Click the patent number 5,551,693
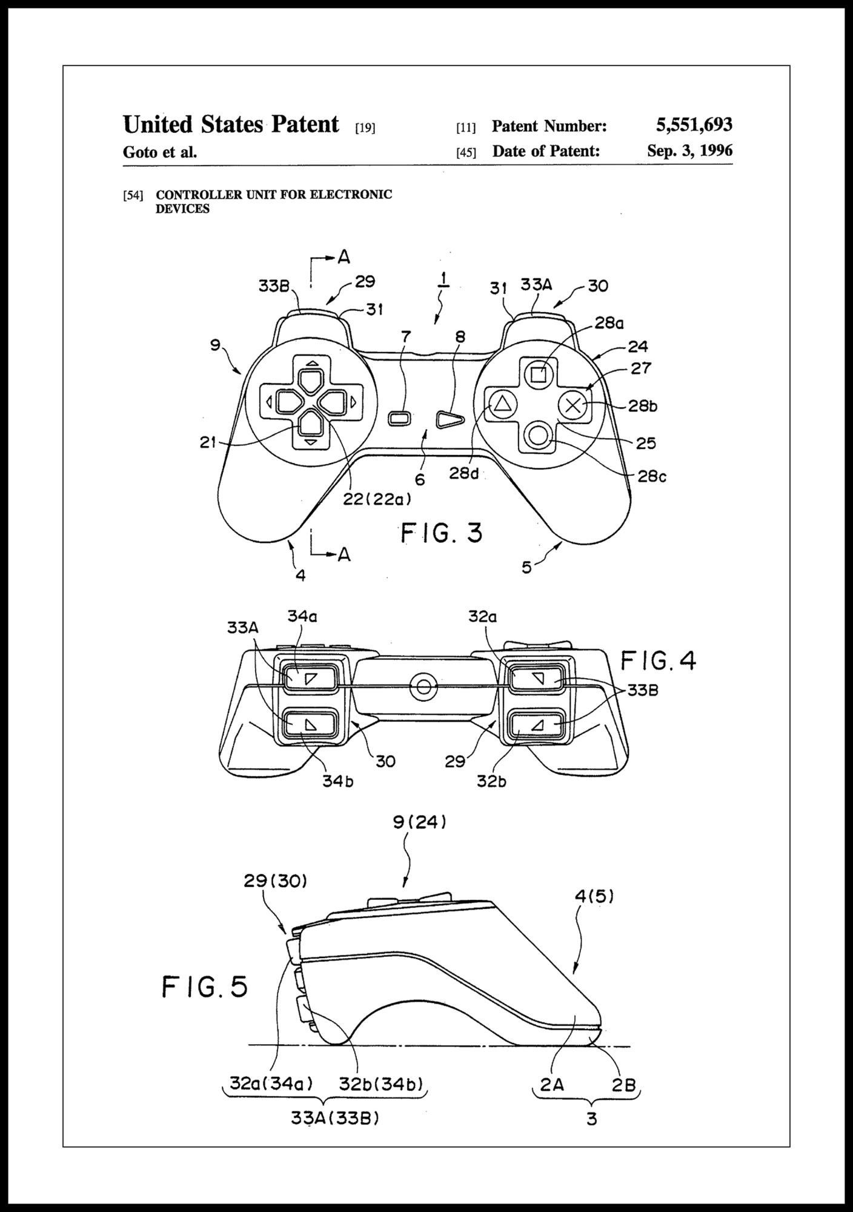click(694, 125)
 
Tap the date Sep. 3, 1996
click(689, 150)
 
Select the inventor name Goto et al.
click(160, 152)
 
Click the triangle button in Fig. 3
click(501, 404)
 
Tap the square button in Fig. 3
click(538, 375)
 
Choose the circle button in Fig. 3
click(538, 435)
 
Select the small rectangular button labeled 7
click(400, 418)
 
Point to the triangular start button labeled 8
click(450, 419)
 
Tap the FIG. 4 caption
click(659, 661)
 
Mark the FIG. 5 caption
click(205, 987)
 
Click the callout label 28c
click(652, 477)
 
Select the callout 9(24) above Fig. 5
click(419, 822)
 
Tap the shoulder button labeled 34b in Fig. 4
click(310, 723)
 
